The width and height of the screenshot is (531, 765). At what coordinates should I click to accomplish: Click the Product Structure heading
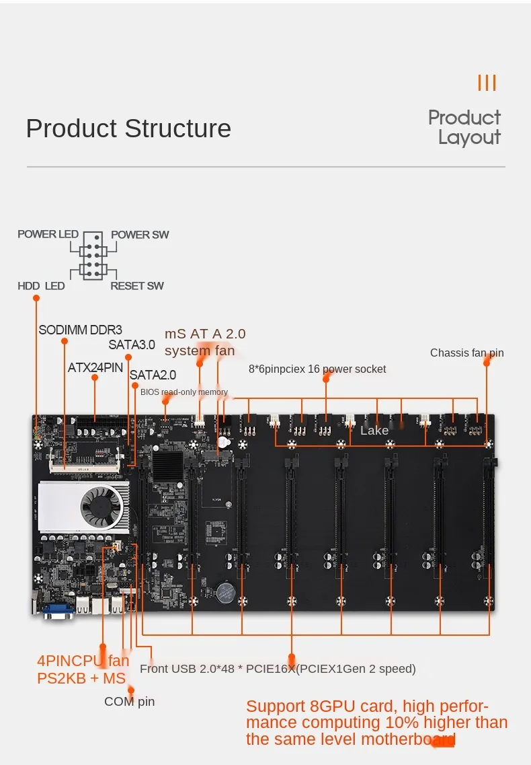128,129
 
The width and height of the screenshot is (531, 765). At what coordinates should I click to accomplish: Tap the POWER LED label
48,234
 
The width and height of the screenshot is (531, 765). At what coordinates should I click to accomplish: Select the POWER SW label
140,235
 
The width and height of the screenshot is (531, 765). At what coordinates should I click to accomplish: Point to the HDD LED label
41,286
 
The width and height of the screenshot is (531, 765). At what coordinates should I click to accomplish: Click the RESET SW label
137,286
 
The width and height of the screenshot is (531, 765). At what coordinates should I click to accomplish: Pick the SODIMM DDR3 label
80,330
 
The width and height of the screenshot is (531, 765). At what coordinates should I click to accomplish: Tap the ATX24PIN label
95,368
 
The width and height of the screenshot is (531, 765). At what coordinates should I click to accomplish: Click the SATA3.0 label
132,345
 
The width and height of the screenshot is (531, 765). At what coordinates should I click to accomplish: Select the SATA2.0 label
153,375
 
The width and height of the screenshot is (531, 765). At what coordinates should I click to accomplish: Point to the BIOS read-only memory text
184,392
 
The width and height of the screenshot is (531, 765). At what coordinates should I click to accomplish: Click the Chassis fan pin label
466,353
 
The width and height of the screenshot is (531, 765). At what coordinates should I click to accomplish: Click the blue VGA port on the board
58,611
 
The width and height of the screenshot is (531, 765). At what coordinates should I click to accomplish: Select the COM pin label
129,702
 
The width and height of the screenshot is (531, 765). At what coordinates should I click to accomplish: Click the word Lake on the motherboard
374,431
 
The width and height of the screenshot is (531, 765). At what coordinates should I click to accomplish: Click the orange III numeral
487,83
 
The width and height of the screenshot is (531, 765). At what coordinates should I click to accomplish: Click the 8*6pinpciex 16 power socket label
317,369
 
